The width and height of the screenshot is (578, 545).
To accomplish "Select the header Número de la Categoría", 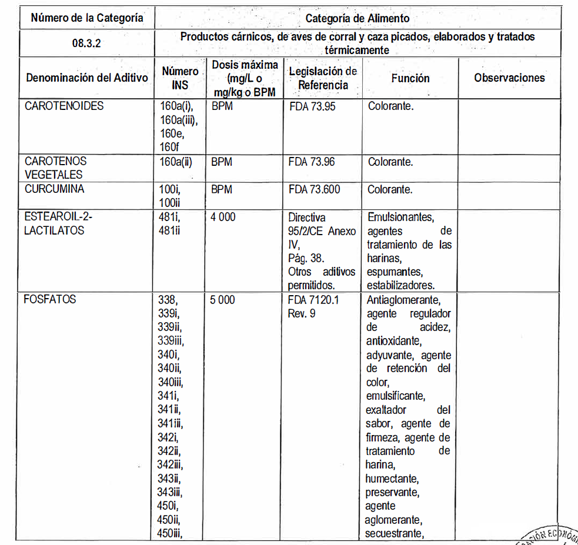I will click(x=87, y=18).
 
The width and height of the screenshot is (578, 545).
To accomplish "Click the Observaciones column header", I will click(x=509, y=78).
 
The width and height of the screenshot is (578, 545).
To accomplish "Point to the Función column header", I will click(x=410, y=78).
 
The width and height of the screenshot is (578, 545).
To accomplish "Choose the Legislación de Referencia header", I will click(x=323, y=78).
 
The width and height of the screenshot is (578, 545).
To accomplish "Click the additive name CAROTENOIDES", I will click(x=64, y=106).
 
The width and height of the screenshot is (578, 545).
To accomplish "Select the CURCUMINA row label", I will click(x=54, y=189).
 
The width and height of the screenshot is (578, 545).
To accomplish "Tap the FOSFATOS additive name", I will click(x=50, y=299).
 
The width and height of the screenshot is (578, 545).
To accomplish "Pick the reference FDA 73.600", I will click(x=315, y=190).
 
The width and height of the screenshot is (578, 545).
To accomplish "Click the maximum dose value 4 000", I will click(x=223, y=217).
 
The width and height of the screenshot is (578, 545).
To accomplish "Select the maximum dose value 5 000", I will click(x=223, y=300).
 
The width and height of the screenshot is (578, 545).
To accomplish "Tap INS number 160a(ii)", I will click(x=176, y=162).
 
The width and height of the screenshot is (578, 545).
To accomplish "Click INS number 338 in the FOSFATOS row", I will click(x=167, y=300).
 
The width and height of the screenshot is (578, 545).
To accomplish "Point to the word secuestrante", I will click(x=394, y=533).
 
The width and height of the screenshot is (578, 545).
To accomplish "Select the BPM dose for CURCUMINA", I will click(x=221, y=190).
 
